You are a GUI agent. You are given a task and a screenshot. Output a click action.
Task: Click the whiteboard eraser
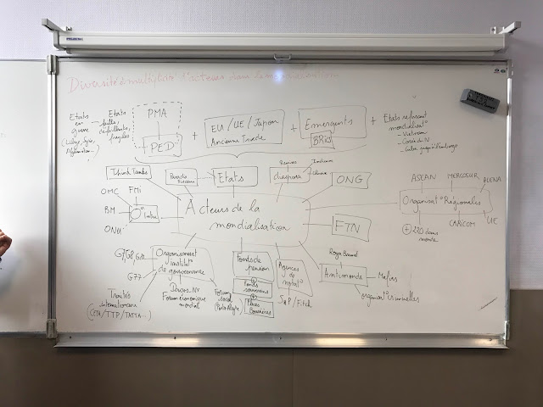click(x=479, y=99)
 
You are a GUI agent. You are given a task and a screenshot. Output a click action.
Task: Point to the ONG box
click(x=350, y=180)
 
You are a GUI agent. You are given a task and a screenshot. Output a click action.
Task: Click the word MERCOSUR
click(x=459, y=179)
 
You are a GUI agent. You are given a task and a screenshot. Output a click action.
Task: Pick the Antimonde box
click(x=343, y=274)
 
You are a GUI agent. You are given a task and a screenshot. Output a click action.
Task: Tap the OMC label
click(x=109, y=192)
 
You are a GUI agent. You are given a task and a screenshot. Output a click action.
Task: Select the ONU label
click(x=111, y=229)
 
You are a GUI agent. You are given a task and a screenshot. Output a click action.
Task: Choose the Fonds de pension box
click(x=252, y=265)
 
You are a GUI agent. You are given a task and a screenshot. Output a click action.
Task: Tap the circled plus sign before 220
click(x=408, y=229)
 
